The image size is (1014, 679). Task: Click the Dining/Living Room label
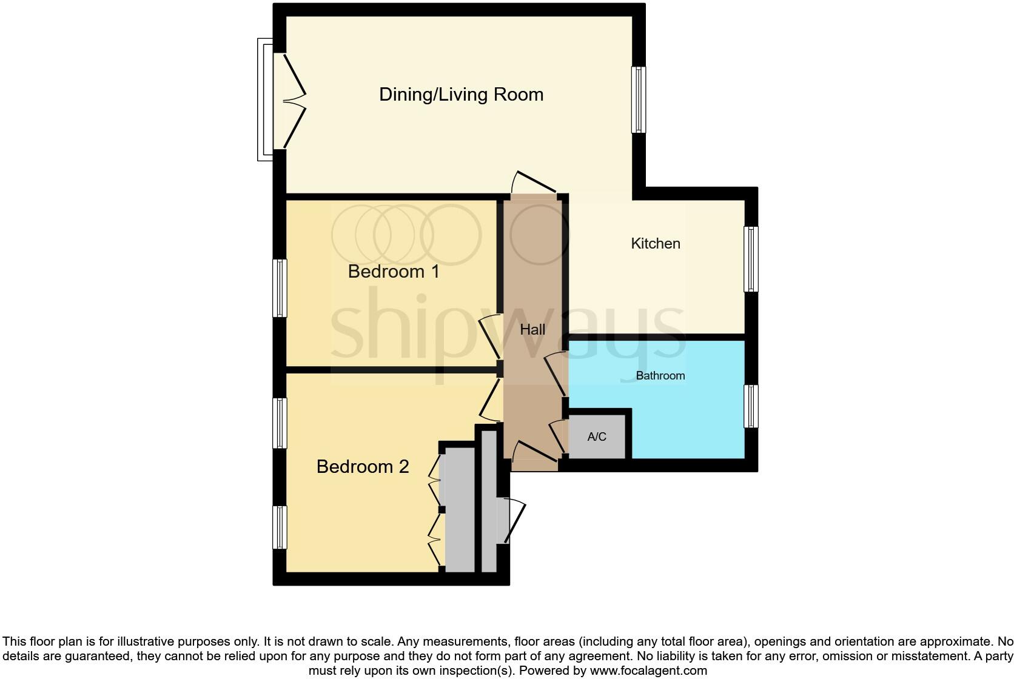[x=461, y=95]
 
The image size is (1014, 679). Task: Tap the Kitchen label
[x=656, y=244]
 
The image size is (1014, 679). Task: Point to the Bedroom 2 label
[x=363, y=467]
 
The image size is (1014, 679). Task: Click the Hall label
[x=532, y=330]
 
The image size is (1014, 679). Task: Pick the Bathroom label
[x=660, y=376]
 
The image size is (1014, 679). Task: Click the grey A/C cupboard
[x=597, y=436]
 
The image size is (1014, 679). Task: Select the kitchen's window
[x=751, y=259]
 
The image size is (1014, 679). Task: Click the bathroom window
[x=751, y=406]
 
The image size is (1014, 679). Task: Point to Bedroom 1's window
[x=280, y=288]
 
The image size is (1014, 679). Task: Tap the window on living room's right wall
[x=639, y=99]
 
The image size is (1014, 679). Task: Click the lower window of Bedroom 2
[x=280, y=527]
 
